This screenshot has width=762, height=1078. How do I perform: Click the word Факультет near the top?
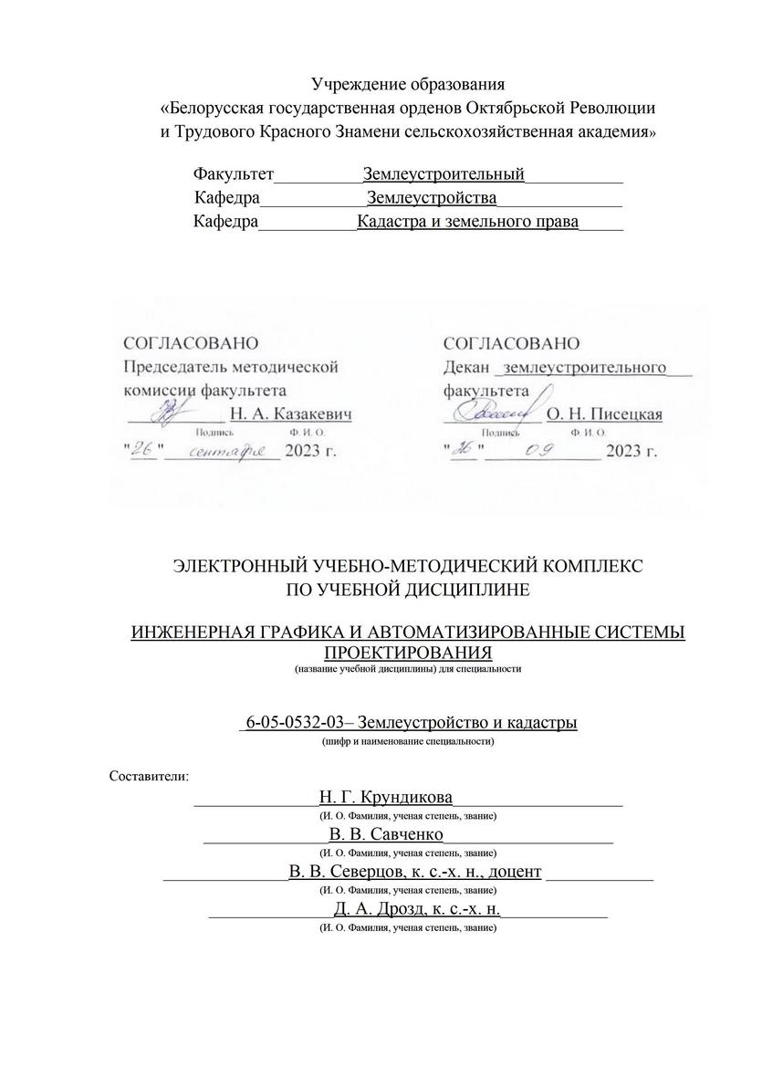pyautogui.click(x=234, y=173)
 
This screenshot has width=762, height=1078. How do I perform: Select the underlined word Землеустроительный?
pyautogui.click(x=444, y=173)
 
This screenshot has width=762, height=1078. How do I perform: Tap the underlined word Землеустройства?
pyautogui.click(x=432, y=198)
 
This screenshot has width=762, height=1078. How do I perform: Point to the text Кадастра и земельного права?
pyautogui.click(x=467, y=222)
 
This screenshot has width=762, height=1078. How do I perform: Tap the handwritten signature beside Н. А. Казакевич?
pyautogui.click(x=170, y=413)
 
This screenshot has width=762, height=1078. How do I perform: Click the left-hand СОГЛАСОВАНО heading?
pyautogui.click(x=190, y=344)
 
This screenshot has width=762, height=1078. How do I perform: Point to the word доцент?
pyautogui.click(x=515, y=872)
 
